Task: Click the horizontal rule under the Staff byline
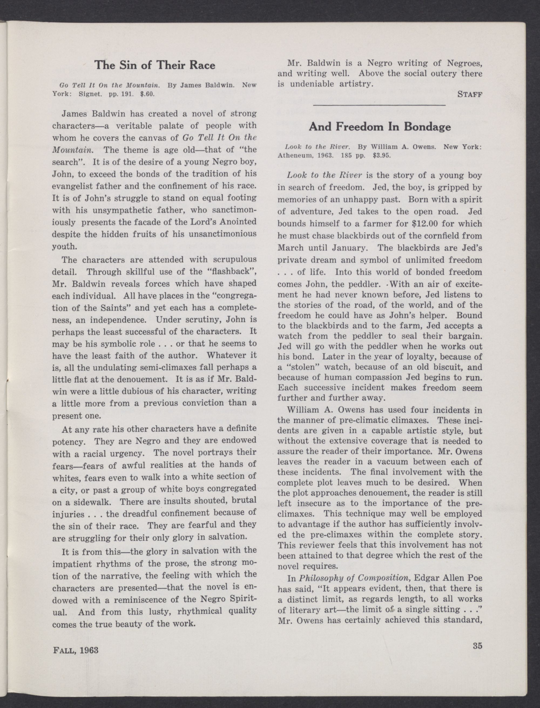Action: pyautogui.click(x=379, y=105)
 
